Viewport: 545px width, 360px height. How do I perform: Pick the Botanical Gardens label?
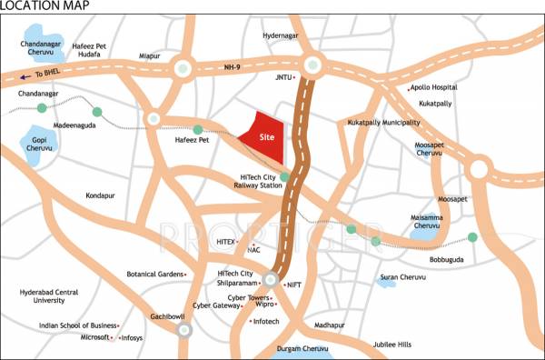click(x=154, y=274)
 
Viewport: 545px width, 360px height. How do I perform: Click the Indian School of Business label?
click(x=78, y=325)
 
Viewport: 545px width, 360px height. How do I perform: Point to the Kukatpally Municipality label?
click(x=384, y=122)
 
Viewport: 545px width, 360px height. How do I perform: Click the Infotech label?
click(x=266, y=321)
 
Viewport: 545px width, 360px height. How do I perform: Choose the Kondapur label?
click(x=100, y=195)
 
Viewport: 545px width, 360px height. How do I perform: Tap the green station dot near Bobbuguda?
click(x=472, y=237)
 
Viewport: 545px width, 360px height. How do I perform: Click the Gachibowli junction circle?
click(x=183, y=330)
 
